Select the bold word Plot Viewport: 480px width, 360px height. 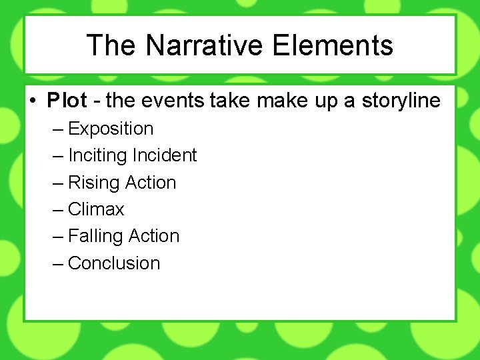click(67, 101)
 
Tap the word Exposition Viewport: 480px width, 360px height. click(111, 129)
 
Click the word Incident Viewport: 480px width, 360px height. click(165, 155)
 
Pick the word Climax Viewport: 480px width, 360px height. click(96, 209)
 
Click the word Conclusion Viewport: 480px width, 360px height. click(114, 263)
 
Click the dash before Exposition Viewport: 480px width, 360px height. click(57, 129)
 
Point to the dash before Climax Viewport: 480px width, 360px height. click(57, 209)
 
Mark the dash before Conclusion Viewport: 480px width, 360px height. click(57, 263)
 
